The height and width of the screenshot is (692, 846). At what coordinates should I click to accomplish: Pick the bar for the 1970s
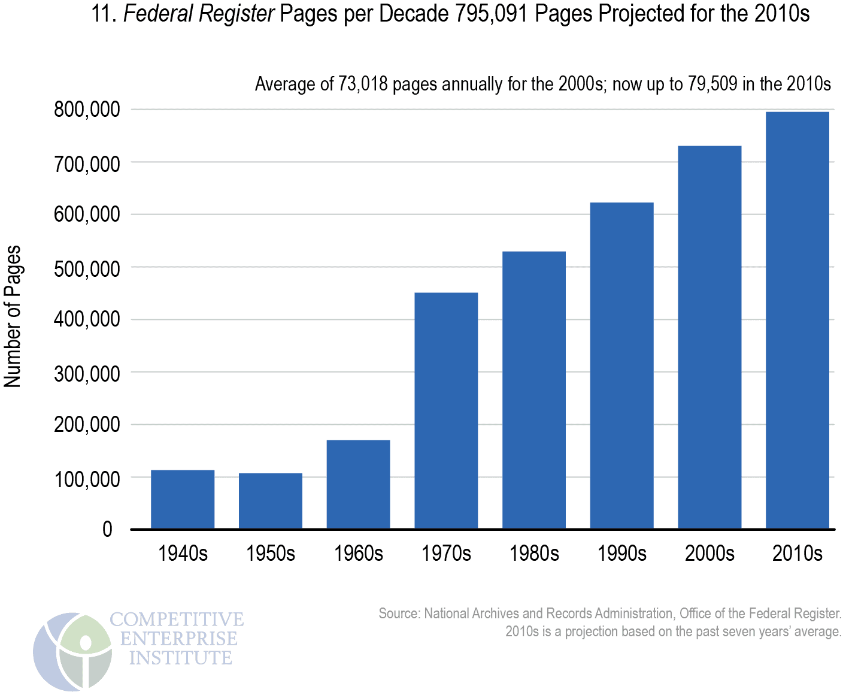click(446, 410)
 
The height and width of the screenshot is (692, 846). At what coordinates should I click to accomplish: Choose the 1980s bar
click(534, 389)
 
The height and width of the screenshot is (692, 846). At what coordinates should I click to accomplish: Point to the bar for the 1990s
click(621, 365)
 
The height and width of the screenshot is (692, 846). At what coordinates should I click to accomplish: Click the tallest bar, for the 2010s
click(798, 320)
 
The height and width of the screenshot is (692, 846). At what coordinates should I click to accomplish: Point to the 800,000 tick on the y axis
click(87, 110)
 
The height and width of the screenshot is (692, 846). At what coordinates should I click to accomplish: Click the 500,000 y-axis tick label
click(87, 268)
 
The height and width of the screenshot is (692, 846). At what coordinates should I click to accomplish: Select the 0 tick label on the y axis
click(107, 529)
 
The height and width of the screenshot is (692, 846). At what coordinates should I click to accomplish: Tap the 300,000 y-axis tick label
click(87, 373)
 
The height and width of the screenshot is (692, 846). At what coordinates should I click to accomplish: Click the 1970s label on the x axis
click(446, 553)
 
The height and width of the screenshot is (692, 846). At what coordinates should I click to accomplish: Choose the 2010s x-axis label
click(798, 553)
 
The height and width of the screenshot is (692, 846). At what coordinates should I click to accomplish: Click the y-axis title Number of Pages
click(13, 316)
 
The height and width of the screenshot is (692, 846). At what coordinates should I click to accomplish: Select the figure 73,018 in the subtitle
click(363, 84)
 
